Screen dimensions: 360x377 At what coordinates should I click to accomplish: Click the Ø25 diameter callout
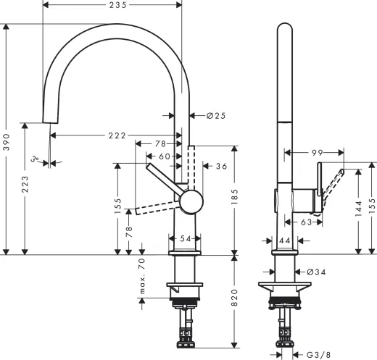click(216, 116)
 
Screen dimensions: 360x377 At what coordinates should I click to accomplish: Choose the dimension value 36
click(223, 167)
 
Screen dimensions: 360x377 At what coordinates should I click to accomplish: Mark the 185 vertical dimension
click(234, 194)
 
